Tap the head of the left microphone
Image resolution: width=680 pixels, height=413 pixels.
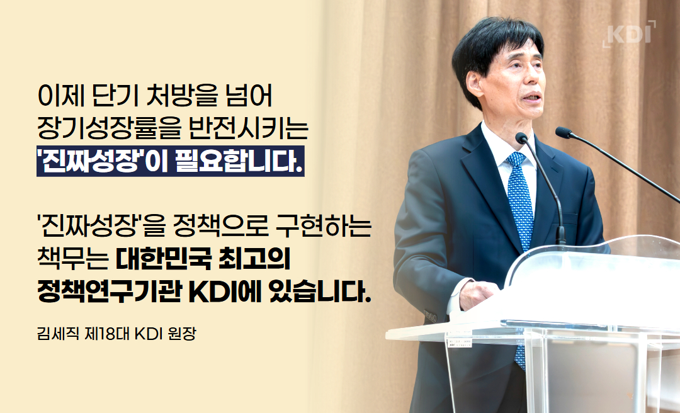tap(521, 139)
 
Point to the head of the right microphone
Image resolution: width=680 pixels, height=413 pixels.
tap(564, 132)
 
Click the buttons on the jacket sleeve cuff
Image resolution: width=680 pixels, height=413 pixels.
tap(430, 315)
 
